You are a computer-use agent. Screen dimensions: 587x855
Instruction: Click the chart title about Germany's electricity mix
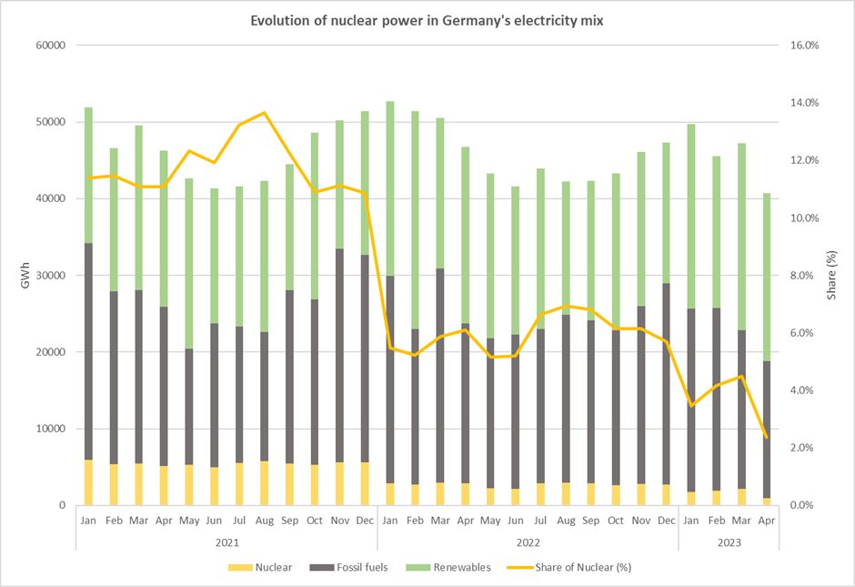(427, 20)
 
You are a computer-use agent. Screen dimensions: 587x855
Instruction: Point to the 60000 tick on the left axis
(50, 46)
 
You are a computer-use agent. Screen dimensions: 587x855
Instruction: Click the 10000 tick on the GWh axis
(50, 429)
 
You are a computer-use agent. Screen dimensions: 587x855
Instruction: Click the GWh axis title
(25, 275)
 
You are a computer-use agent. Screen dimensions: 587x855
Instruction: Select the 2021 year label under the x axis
(226, 542)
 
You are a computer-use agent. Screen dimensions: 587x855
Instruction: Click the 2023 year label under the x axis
(729, 542)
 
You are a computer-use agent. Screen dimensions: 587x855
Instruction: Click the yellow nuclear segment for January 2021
(88, 482)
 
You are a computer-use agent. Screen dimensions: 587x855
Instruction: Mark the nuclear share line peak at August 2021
(264, 113)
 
